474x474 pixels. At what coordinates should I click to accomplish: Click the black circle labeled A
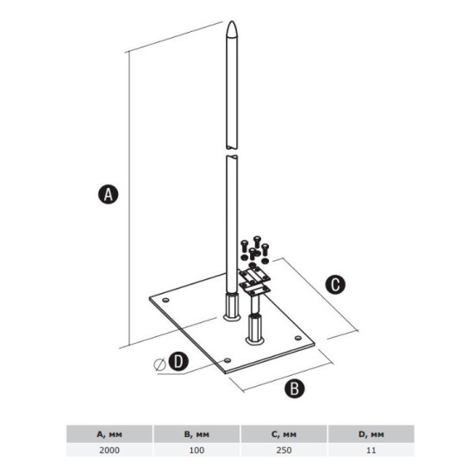109,195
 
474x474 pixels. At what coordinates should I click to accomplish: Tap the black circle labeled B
295,389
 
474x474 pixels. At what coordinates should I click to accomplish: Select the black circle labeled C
335,284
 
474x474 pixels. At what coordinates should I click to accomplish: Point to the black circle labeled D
178,361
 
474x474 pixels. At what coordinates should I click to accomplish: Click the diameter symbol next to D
159,365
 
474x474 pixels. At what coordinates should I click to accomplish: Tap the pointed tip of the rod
232,22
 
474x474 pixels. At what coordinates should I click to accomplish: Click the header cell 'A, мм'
109,434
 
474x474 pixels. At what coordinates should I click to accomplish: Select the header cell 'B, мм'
196,434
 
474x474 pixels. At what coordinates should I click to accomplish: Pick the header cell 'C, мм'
284,434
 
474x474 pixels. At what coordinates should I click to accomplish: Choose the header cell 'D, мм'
371,434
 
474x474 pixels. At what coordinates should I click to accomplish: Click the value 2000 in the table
109,450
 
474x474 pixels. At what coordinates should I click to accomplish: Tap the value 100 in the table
196,450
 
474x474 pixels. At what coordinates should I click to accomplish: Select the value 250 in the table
284,450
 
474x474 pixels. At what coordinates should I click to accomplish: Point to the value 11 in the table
371,450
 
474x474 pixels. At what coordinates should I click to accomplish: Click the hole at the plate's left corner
165,300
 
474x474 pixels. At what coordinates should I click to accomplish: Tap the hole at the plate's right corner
298,338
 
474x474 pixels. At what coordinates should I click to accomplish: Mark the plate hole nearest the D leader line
228,360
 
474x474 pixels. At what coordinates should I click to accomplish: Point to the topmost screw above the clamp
257,241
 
